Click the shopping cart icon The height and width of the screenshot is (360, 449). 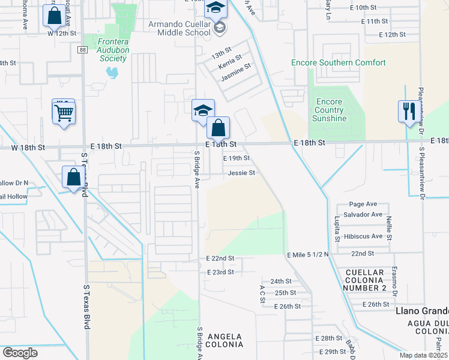[x=64, y=112]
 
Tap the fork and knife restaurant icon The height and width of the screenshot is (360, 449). [x=407, y=110]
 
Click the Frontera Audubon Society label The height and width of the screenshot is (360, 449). [x=108, y=51]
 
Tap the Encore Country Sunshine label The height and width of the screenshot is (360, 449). [x=330, y=110]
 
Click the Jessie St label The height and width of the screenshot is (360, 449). [x=242, y=173]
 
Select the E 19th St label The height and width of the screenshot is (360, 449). [x=236, y=158]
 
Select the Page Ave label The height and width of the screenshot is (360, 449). [x=363, y=204]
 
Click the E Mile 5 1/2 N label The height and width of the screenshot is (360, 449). [x=308, y=255]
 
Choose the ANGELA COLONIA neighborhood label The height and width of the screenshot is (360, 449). [x=225, y=340]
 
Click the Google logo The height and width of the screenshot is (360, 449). [x=20, y=353]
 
